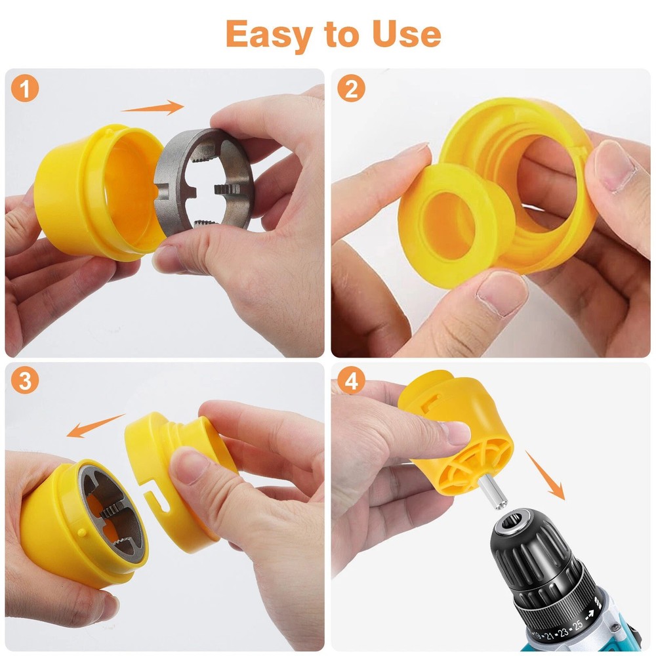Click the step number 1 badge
coord(24,90)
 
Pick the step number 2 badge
coord(351,90)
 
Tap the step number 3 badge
coord(24,382)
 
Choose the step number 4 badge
coord(351,382)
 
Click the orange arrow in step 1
coord(152,108)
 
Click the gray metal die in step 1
coord(203,180)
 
